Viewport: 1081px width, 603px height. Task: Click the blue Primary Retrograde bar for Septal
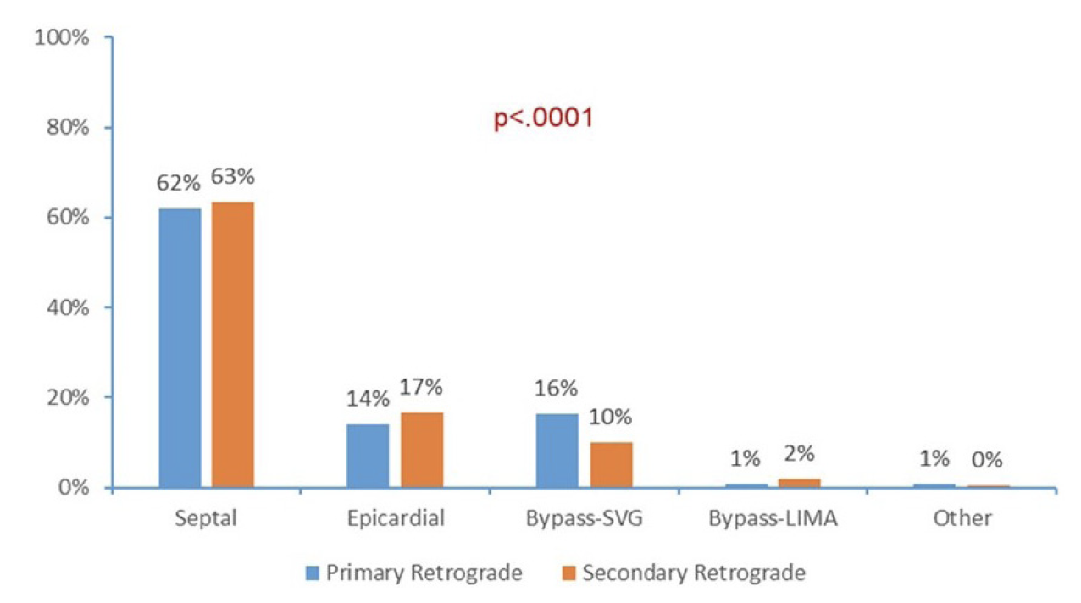point(180,347)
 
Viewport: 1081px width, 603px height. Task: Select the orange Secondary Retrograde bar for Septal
point(233,345)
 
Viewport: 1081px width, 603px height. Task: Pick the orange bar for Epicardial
point(421,450)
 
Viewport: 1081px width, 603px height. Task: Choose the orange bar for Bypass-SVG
point(610,464)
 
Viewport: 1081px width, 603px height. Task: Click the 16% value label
point(557,389)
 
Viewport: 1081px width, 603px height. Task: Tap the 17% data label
point(421,387)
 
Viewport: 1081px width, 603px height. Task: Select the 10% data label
point(610,417)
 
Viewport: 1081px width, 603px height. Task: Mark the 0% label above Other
point(987,461)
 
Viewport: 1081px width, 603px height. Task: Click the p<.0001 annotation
point(543,118)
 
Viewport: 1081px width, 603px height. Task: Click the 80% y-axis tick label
point(67,128)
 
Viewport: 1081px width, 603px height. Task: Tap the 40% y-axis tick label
point(67,307)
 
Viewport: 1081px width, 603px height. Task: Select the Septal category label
point(206,518)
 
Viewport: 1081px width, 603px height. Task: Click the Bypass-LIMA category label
point(773,518)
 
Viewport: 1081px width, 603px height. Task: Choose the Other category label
point(962,518)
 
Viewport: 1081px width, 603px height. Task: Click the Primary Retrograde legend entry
point(413,573)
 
